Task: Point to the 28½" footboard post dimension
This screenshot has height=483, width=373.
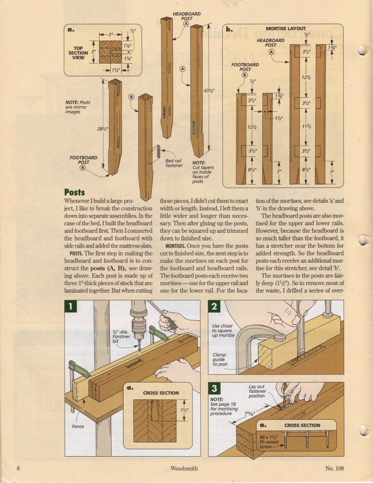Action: point(103,129)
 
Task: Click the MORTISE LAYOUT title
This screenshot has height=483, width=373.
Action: point(286,28)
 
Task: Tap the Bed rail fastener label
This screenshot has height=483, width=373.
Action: point(174,163)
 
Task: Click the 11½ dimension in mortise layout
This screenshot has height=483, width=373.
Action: point(306,127)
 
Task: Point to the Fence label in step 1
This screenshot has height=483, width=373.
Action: point(78,426)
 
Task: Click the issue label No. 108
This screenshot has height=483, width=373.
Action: point(335,468)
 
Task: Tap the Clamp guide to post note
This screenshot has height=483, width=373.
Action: point(221,359)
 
